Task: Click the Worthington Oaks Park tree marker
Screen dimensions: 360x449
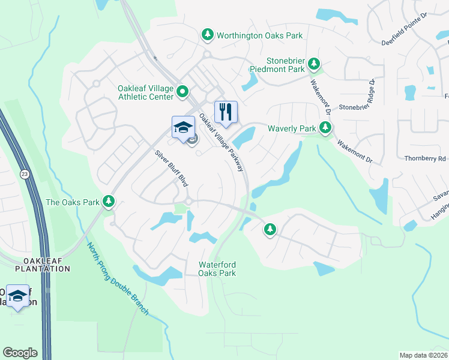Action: pyautogui.click(x=208, y=35)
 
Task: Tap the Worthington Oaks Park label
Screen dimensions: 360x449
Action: pyautogui.click(x=260, y=35)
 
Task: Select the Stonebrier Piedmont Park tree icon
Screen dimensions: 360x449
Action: pyautogui.click(x=313, y=62)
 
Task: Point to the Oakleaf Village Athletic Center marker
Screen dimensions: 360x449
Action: pyautogui.click(x=182, y=92)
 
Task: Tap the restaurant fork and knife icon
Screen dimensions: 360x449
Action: pyautogui.click(x=226, y=112)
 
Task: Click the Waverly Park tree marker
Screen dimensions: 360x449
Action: pyautogui.click(x=325, y=127)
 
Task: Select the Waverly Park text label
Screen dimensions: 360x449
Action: pyautogui.click(x=292, y=128)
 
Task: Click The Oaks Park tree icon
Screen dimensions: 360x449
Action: pyautogui.click(x=109, y=202)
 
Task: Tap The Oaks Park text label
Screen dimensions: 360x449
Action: pyautogui.click(x=73, y=202)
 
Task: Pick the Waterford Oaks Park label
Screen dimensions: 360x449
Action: pyautogui.click(x=217, y=269)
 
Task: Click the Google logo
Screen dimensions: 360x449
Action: pyautogui.click(x=20, y=353)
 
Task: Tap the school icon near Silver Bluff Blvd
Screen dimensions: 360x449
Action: pyautogui.click(x=183, y=127)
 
